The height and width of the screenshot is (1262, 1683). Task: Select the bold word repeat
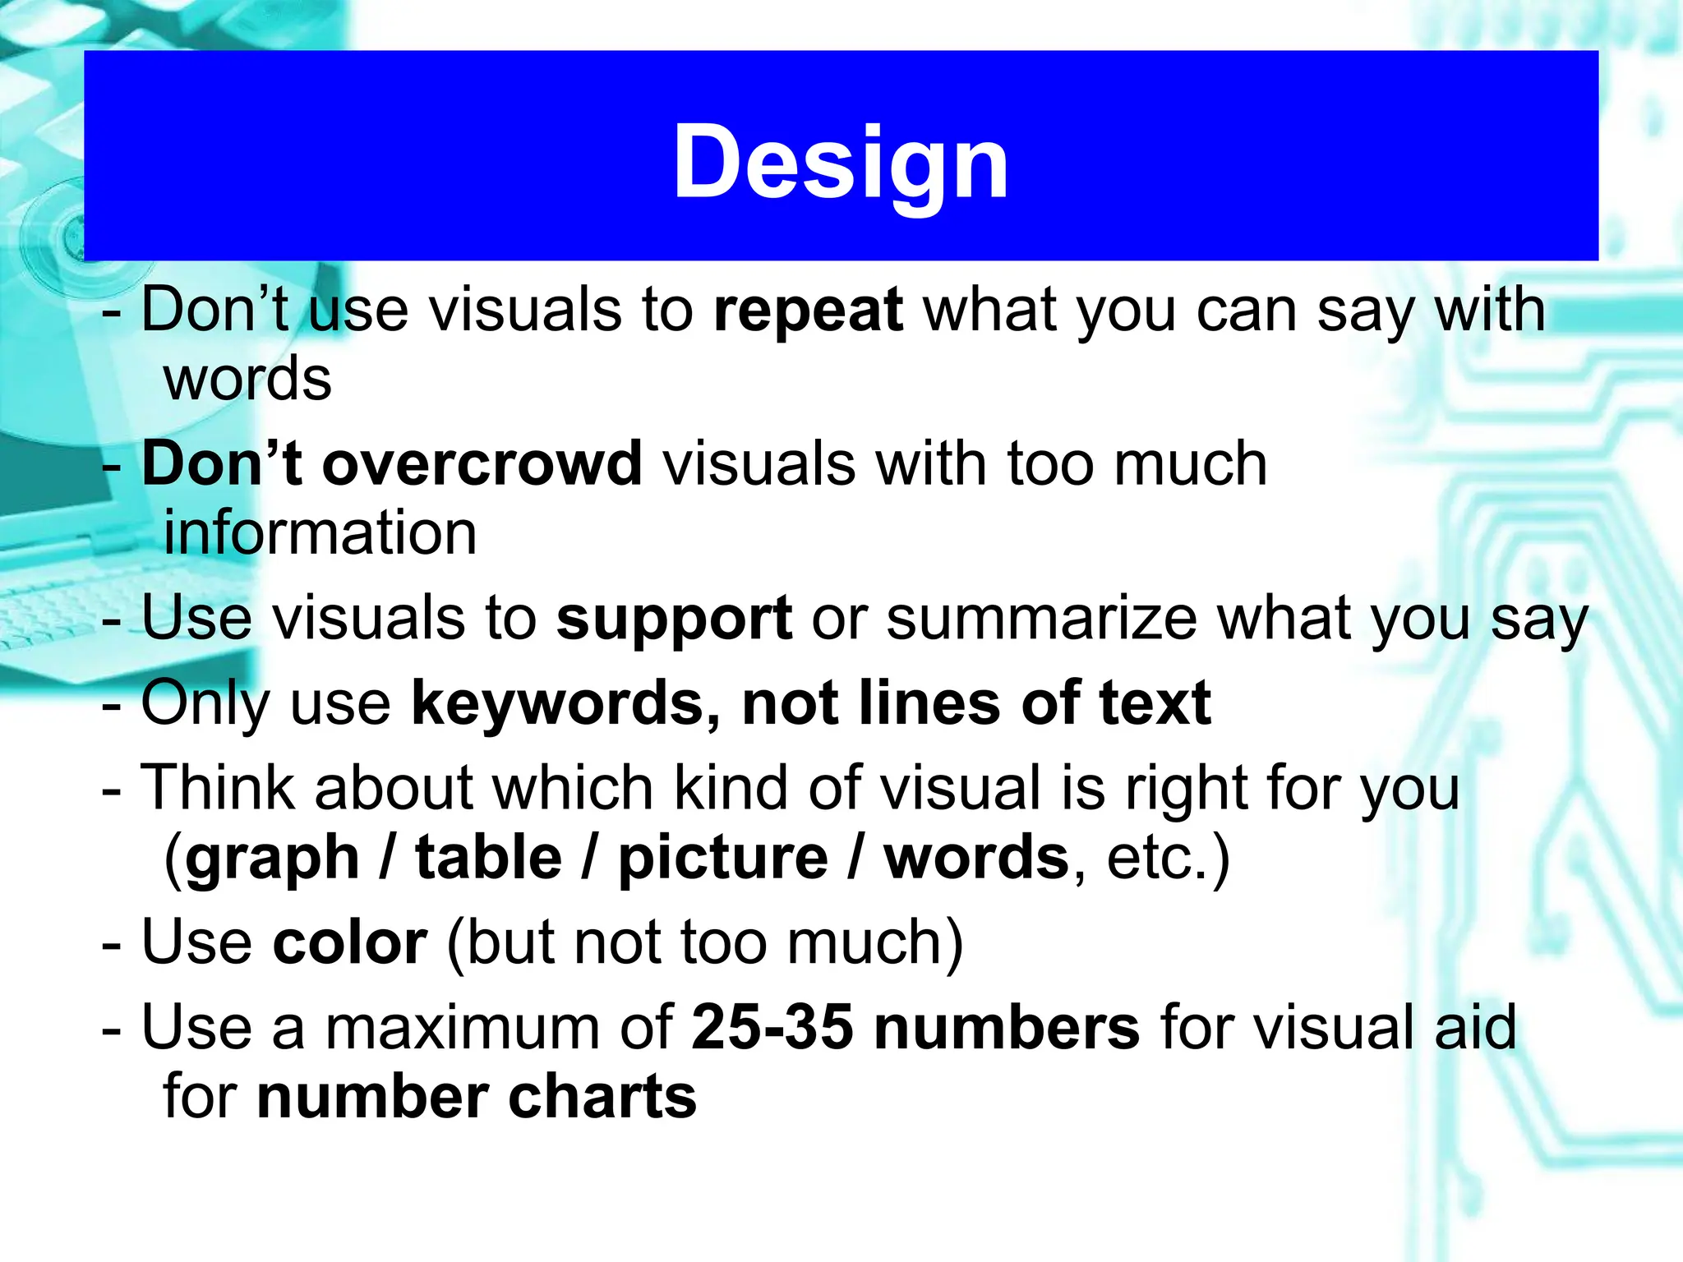809,311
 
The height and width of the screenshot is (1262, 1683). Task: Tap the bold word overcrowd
482,464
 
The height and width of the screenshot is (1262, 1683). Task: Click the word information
320,533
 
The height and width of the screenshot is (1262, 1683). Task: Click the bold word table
489,858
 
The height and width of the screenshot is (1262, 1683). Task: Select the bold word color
350,942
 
